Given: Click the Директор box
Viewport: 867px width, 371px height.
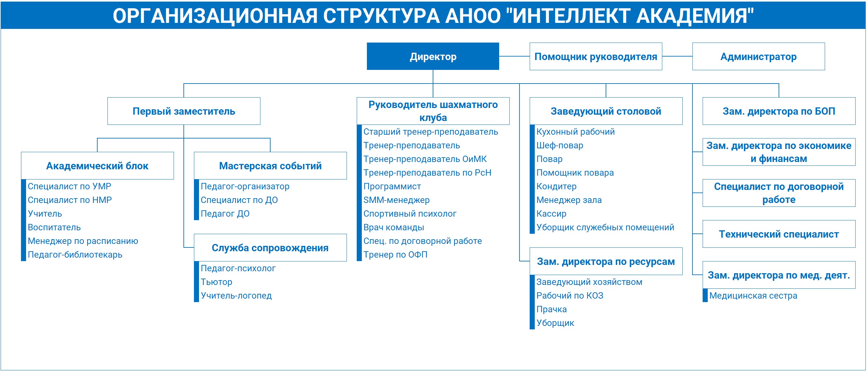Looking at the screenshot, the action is click(x=433, y=56).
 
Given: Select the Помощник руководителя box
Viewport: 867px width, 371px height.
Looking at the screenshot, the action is click(x=596, y=56).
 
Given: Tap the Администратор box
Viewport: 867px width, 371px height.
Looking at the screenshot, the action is click(x=759, y=56).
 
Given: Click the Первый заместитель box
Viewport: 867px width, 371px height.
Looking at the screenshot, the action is click(x=184, y=111).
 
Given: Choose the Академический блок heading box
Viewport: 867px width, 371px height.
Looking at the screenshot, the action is click(x=97, y=165).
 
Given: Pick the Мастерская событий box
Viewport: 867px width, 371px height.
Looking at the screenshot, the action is click(x=270, y=165).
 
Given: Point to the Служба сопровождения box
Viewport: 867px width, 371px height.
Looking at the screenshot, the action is click(x=270, y=247).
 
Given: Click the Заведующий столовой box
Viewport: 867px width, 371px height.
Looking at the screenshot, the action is click(x=606, y=111).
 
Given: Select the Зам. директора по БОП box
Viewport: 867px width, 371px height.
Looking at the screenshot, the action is click(x=779, y=111).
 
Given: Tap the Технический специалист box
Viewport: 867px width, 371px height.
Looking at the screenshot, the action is click(x=779, y=234).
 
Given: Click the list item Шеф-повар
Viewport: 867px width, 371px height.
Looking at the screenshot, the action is click(x=560, y=145).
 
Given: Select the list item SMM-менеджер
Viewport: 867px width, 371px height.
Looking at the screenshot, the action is click(x=396, y=200).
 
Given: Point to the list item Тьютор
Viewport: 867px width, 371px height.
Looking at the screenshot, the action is click(x=217, y=282).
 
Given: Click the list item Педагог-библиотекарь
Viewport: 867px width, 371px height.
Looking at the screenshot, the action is click(x=75, y=255).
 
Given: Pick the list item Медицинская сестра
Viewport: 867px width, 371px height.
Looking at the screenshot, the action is click(x=753, y=296).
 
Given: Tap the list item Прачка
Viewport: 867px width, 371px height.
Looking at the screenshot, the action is click(x=552, y=309).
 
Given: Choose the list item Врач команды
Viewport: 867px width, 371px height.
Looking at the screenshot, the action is click(x=394, y=227).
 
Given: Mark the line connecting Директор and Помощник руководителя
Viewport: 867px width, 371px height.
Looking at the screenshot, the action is click(x=514, y=56).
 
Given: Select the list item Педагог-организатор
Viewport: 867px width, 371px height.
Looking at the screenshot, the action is click(x=245, y=186).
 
